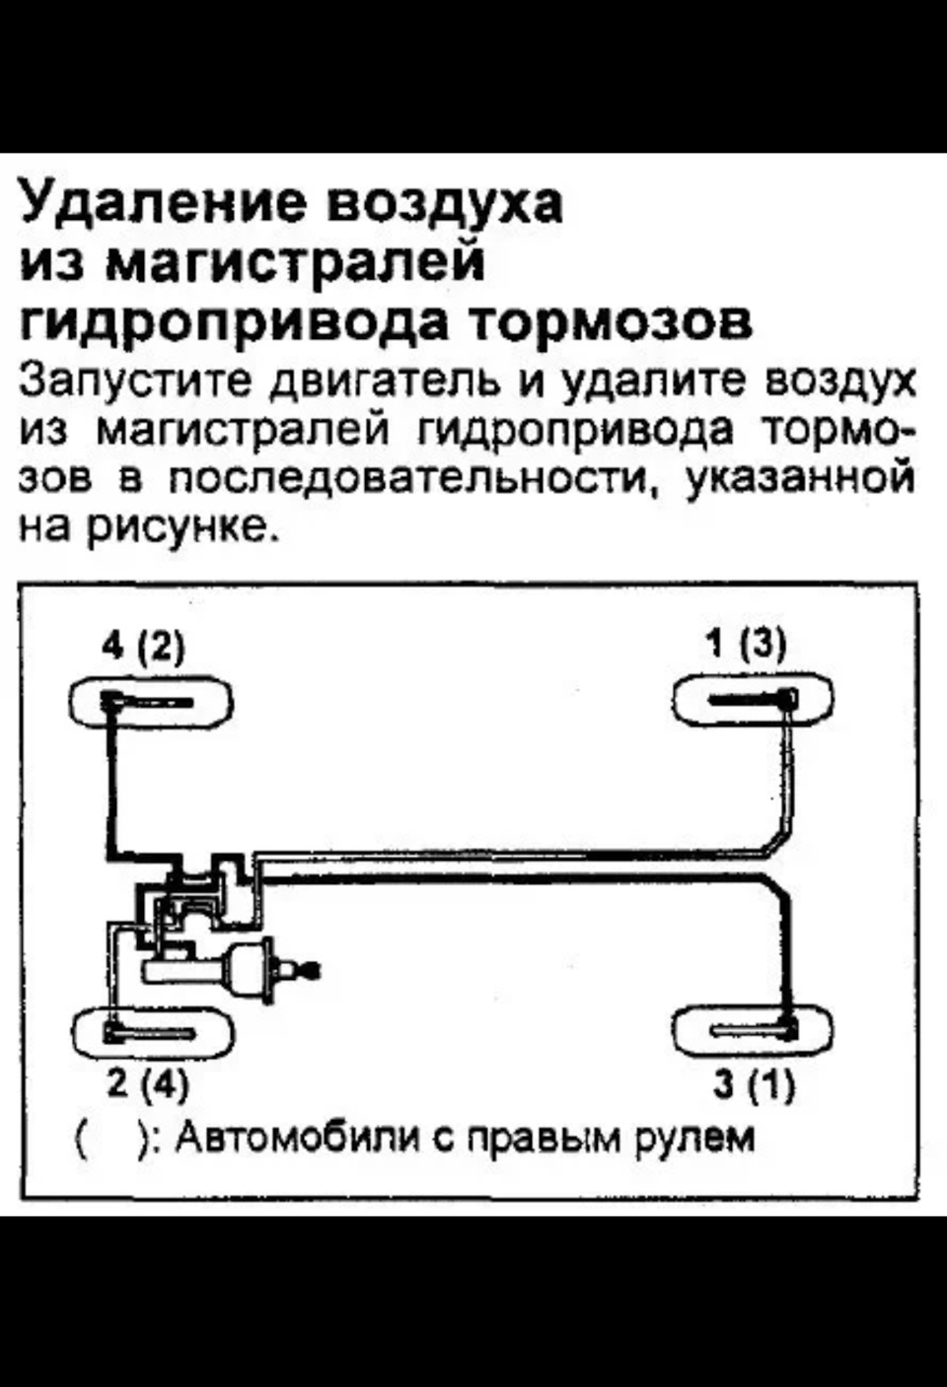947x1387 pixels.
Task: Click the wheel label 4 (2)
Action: coord(143,648)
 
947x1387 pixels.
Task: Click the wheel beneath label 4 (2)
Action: coord(152,701)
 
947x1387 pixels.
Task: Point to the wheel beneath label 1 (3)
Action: coord(753,699)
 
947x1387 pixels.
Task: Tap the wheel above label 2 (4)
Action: coord(154,1031)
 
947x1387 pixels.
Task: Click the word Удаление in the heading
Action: coord(165,205)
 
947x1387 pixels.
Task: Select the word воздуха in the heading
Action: coord(446,205)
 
